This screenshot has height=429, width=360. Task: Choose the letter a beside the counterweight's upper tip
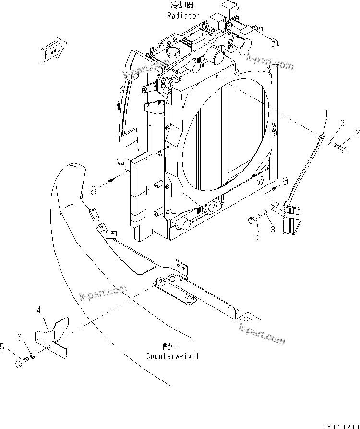[x=94, y=191]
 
